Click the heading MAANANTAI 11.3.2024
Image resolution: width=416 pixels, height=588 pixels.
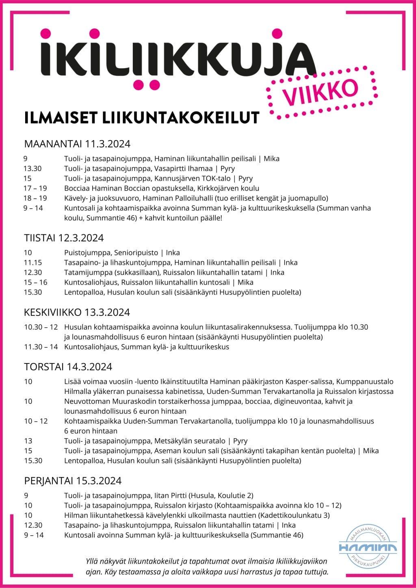click(77, 144)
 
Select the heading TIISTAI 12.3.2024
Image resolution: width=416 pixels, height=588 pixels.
click(64, 238)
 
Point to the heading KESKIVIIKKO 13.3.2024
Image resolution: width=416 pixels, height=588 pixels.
click(77, 312)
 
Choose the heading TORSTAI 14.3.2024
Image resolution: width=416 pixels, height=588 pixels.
click(68, 367)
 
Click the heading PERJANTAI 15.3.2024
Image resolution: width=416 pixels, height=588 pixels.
click(73, 481)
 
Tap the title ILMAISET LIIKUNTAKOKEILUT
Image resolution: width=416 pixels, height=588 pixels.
click(142, 118)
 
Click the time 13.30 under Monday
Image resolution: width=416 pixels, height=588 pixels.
click(32, 169)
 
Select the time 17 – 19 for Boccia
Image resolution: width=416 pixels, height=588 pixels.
click(35, 188)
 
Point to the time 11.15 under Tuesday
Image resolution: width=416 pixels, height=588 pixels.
click(32, 263)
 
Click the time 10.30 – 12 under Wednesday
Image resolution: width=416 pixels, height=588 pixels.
click(41, 327)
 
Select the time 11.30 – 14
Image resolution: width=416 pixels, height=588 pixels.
click(41, 347)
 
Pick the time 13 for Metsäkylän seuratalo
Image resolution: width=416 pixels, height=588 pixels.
click(28, 441)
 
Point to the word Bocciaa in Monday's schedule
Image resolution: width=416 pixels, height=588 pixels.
click(77, 188)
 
